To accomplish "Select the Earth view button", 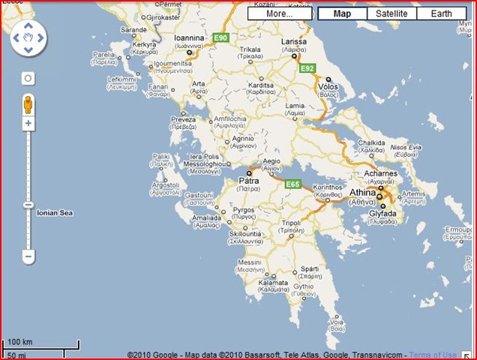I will pos(441,13).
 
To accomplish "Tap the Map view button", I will pos(342,13).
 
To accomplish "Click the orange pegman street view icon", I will pos(28,103).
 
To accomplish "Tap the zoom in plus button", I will pos(28,123).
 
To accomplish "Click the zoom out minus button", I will pos(28,256).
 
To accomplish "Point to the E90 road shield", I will pos(220,37).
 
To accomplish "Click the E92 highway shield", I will pos(307,68).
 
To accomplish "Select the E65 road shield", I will pos(292,184).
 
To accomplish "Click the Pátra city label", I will pos(248,181).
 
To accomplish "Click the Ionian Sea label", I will pos(55,213).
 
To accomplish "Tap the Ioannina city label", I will pos(189,37).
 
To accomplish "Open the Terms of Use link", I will pos(432,355).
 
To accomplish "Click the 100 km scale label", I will pos(21,342).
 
